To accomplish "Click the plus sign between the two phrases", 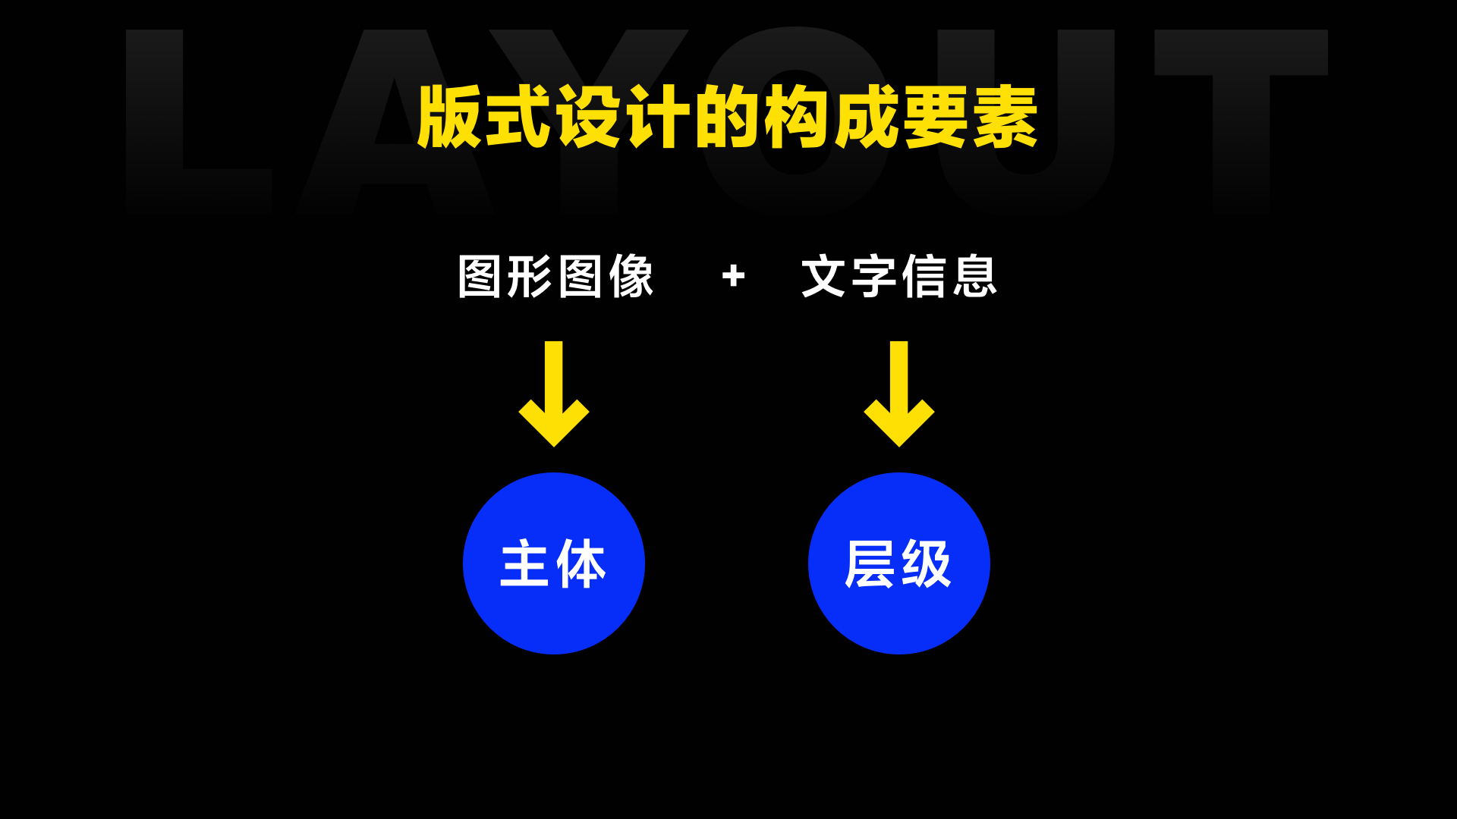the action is coord(733,276).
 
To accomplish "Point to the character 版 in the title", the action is coord(450,118).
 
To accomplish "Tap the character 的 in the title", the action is coord(727,118).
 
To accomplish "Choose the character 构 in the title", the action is coord(797,118).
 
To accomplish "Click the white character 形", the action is coord(530,277).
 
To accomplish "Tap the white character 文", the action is coord(824,277).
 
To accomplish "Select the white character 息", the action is coord(974,277).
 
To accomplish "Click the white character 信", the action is coord(924,277).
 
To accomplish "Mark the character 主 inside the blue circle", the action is coord(525,564).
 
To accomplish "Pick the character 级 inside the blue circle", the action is coord(927,564).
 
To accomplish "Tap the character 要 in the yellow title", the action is coord(936,118).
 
